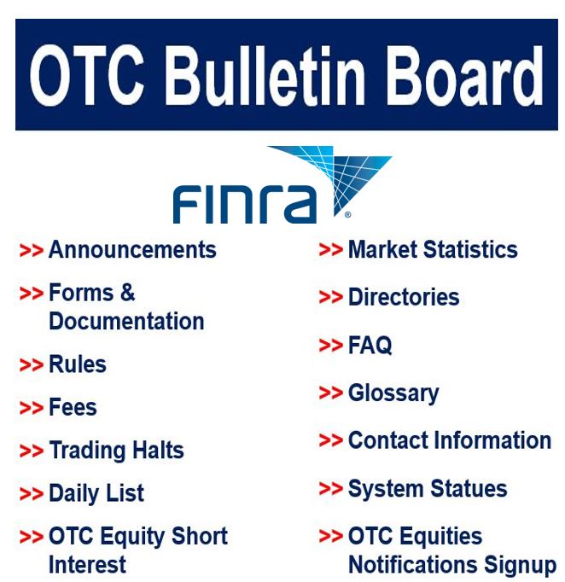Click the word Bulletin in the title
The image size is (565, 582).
265,75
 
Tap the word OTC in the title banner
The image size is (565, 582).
87,75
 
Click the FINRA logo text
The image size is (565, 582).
245,205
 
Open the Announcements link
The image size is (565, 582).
132,249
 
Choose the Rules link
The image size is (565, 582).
78,364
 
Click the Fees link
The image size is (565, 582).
73,407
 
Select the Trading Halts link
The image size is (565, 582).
116,451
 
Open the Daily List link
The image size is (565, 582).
96,493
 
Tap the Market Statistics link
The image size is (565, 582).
433,249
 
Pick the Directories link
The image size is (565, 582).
404,297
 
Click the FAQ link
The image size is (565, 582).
370,345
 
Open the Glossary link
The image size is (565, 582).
393,393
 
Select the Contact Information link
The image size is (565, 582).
450,440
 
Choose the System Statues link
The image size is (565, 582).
428,488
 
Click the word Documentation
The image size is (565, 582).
126,321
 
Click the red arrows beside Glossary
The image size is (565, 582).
331,393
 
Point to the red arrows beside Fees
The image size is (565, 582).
32,408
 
